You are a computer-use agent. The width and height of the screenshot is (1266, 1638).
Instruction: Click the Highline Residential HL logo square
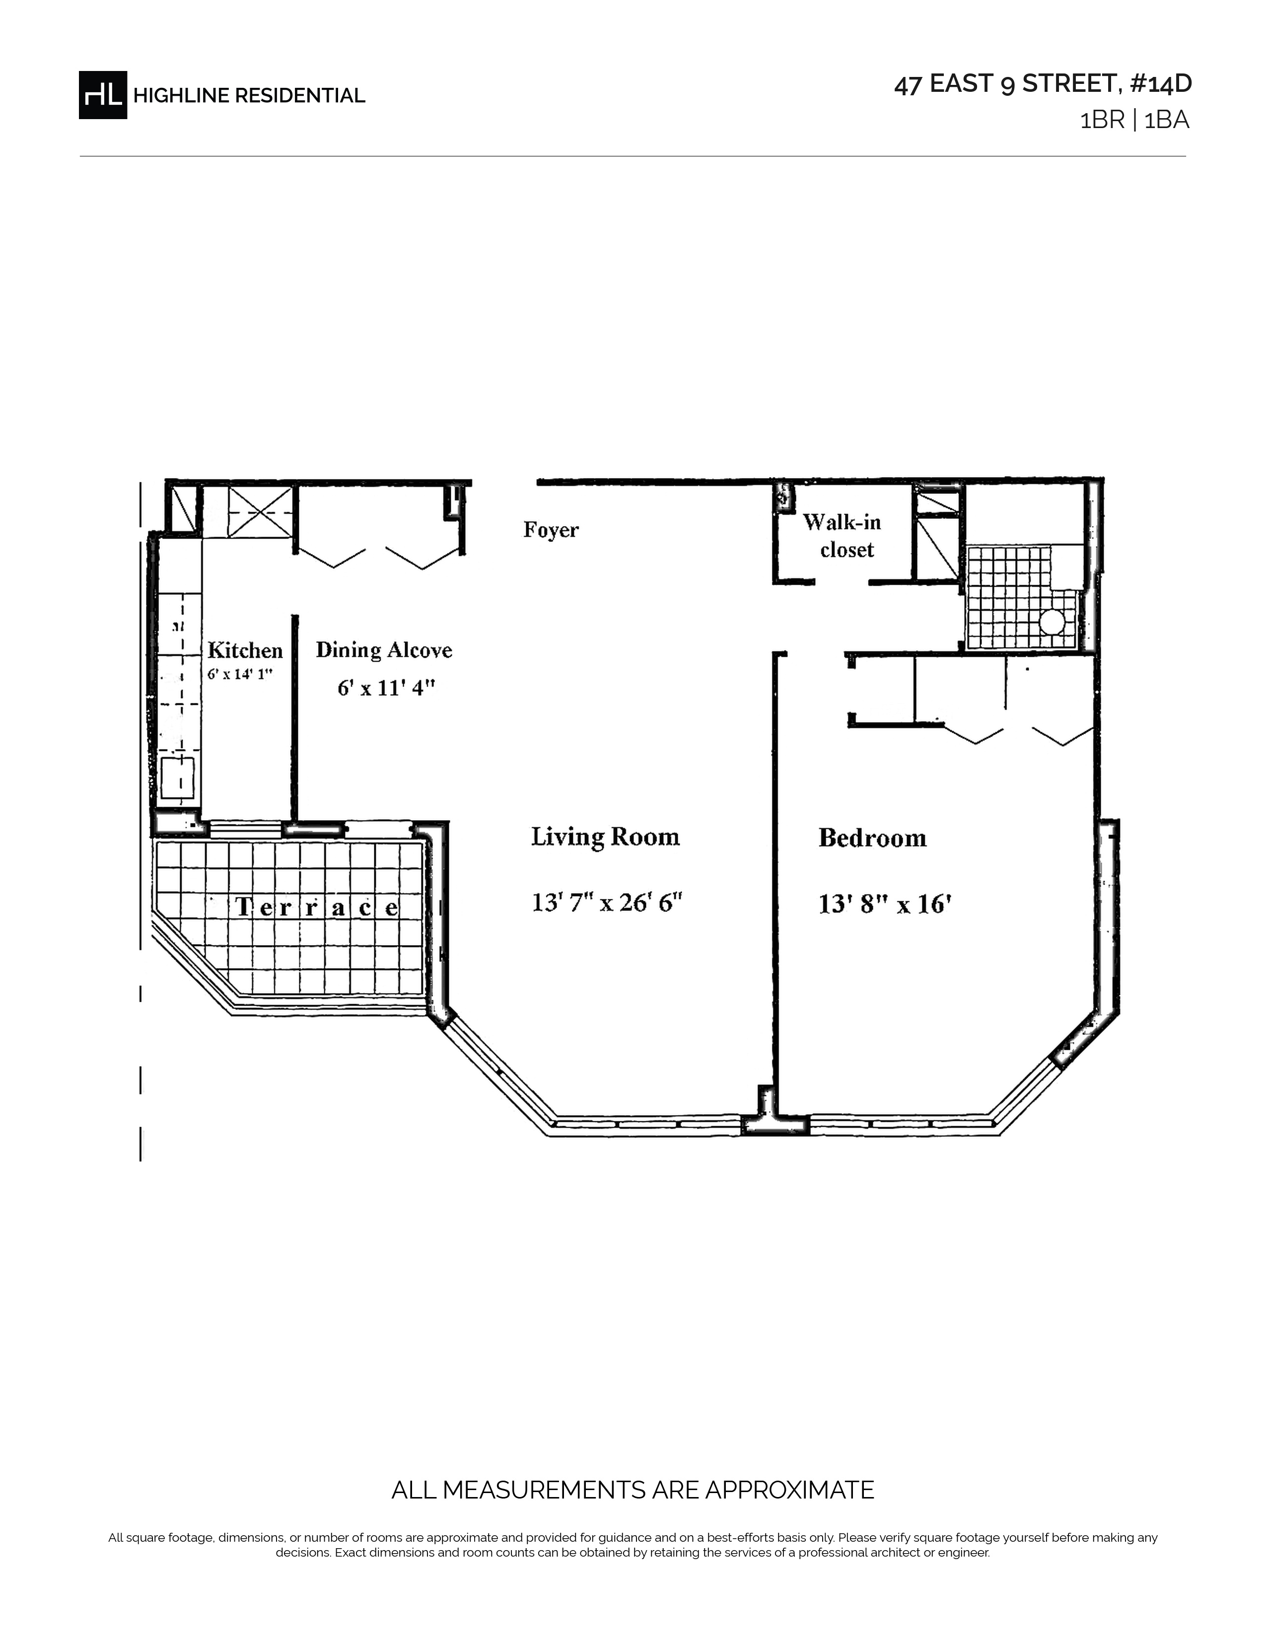coord(103,94)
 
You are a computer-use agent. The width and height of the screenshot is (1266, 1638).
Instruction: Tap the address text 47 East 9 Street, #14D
coord(1043,84)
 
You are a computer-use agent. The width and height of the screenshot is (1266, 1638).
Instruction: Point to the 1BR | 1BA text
coord(1134,121)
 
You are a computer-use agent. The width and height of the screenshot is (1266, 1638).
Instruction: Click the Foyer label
coord(551,530)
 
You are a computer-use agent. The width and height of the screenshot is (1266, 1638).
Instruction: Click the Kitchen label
coord(245,650)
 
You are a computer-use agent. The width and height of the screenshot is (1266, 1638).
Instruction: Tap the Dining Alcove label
coord(384,650)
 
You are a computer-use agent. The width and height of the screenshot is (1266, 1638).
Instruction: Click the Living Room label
coord(605,836)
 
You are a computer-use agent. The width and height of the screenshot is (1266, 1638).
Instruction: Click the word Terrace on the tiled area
coord(317,907)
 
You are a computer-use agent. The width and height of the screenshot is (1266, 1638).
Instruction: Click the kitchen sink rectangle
coord(179,778)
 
